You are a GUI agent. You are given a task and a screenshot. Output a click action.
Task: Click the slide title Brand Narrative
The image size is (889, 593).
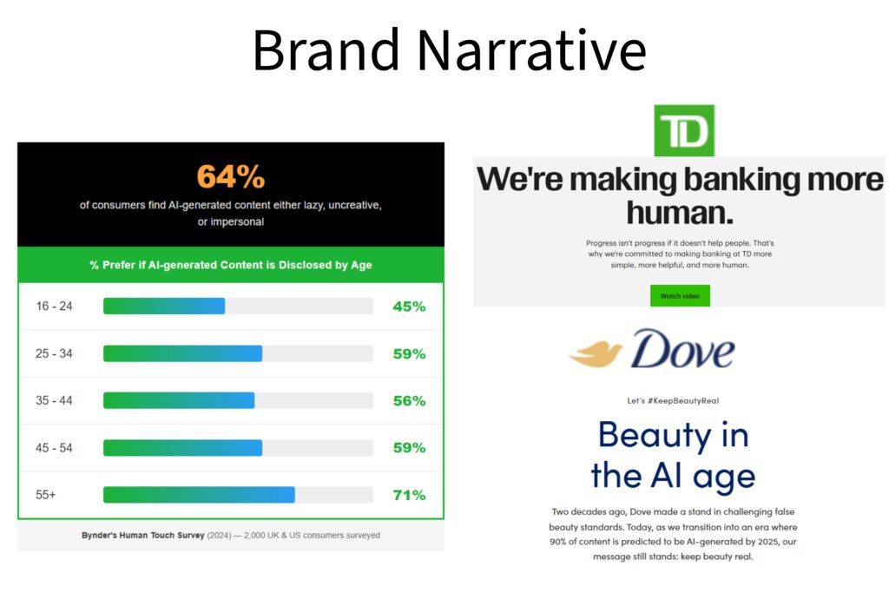click(x=449, y=50)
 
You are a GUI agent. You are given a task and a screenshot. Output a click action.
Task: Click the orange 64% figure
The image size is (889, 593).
click(x=230, y=176)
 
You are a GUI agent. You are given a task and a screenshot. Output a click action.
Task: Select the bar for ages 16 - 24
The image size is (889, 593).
click(x=164, y=306)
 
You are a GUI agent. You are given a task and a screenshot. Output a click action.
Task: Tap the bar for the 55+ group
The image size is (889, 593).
click(x=199, y=495)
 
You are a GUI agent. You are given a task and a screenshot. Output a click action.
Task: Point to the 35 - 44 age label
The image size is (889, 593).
click(x=55, y=401)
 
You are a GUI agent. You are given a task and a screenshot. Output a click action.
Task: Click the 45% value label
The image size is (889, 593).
click(x=408, y=306)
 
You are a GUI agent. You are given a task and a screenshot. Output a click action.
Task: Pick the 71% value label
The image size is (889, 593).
click(x=408, y=495)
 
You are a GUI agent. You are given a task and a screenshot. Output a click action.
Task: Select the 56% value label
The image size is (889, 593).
click(x=408, y=401)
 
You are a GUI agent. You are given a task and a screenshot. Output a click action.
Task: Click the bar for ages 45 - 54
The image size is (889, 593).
click(x=182, y=448)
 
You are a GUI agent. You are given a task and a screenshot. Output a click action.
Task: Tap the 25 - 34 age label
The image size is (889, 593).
click(x=55, y=354)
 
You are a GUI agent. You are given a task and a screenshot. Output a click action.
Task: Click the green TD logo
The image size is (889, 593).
click(x=684, y=130)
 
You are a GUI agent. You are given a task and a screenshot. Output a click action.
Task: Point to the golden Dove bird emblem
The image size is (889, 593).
click(x=596, y=352)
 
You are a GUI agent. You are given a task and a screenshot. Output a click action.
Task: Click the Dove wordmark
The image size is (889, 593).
click(x=682, y=349)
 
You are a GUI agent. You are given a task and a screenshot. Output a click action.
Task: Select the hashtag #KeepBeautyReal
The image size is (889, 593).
click(x=683, y=401)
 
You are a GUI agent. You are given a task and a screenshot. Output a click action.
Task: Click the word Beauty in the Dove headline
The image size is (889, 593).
click(x=649, y=434)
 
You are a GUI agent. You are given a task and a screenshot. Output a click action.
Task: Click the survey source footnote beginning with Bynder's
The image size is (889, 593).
click(x=230, y=536)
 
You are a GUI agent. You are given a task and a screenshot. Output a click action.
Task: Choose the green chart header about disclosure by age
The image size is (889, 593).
click(x=230, y=265)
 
